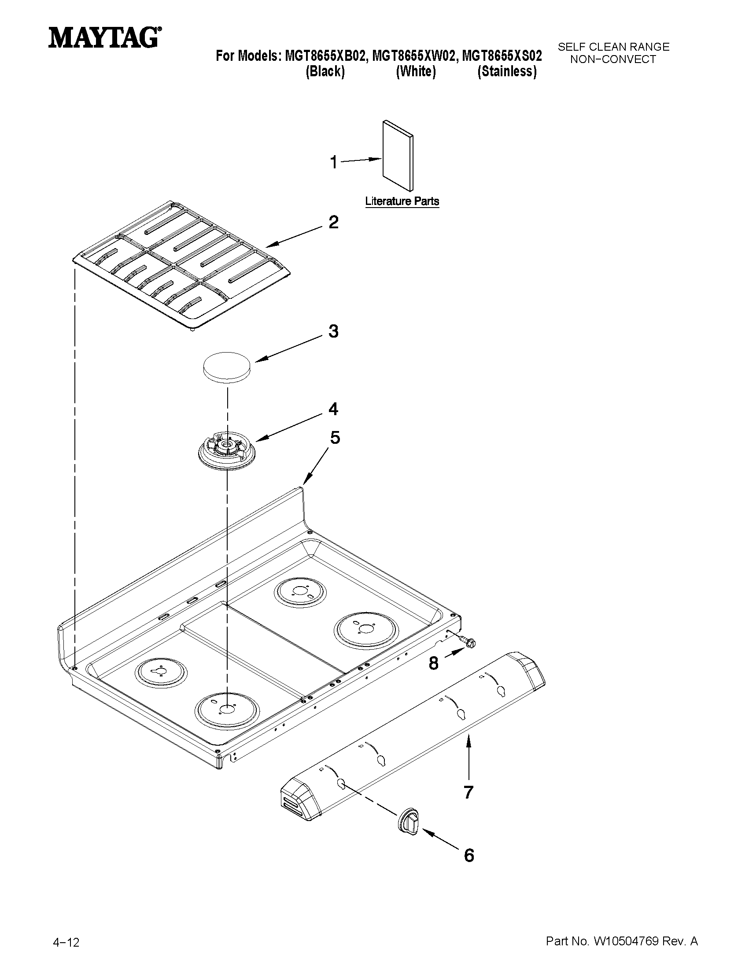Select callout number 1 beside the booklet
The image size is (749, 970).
tap(334, 162)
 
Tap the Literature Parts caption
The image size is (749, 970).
tap(402, 201)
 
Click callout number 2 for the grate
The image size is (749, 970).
tap(333, 222)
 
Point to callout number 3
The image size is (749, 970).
tap(333, 331)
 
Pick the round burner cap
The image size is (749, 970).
tap(226, 367)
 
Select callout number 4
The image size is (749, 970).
tap(333, 409)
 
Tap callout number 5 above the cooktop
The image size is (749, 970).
tap(335, 438)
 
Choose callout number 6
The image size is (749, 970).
tap(469, 855)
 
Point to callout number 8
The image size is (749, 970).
tap(434, 664)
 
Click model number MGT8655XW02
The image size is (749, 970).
tap(413, 56)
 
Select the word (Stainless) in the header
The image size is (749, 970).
tap(507, 71)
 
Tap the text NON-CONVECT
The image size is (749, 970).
tap(613, 59)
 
